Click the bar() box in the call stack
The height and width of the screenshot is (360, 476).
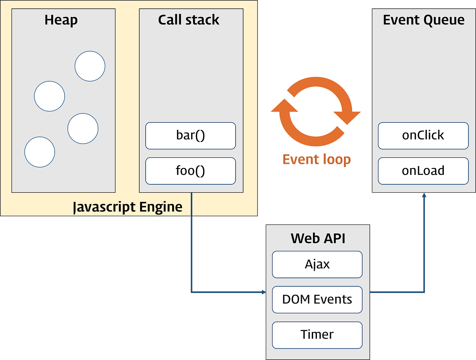click(x=190, y=136)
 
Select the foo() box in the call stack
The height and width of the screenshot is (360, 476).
click(x=190, y=171)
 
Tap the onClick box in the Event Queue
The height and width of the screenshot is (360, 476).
click(x=423, y=136)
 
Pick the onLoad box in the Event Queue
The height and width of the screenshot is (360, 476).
click(x=423, y=171)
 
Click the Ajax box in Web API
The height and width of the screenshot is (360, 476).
click(x=317, y=264)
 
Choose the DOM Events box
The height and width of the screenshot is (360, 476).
click(x=317, y=299)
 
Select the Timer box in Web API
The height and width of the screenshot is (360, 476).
click(x=317, y=335)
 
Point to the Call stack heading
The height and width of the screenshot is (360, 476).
click(x=189, y=20)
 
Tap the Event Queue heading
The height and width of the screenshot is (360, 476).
click(x=424, y=20)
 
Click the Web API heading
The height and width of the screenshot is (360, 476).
click(x=318, y=238)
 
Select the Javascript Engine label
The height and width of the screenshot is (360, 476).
click(x=128, y=207)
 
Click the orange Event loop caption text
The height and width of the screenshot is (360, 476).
click(x=317, y=160)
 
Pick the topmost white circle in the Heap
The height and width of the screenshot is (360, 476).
click(x=90, y=66)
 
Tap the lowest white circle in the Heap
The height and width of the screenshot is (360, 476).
click(x=40, y=152)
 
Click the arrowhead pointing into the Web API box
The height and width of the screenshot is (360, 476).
click(x=263, y=293)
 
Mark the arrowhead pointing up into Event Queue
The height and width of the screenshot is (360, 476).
click(x=424, y=196)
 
